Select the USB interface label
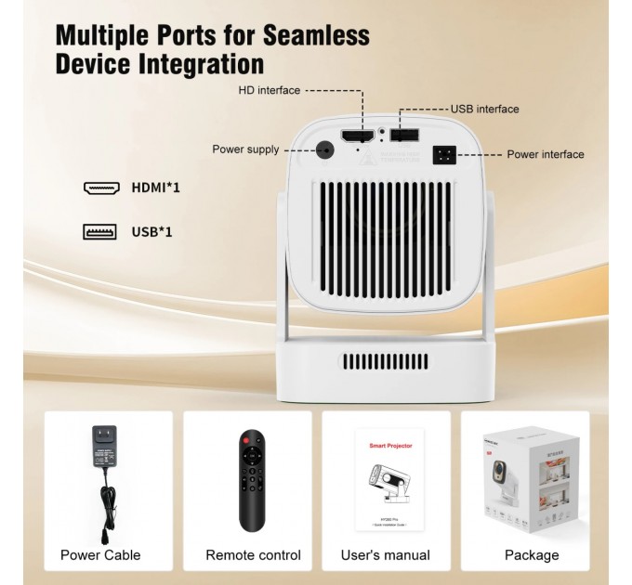(x=485, y=109)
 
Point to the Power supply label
(x=245, y=149)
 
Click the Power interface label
(x=546, y=154)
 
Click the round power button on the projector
(x=325, y=149)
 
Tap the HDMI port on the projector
(x=357, y=136)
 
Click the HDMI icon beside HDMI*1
(x=101, y=188)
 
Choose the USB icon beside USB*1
(x=99, y=231)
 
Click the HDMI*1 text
(x=156, y=188)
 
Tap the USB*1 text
(x=151, y=231)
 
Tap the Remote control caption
(x=254, y=555)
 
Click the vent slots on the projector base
(x=384, y=362)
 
